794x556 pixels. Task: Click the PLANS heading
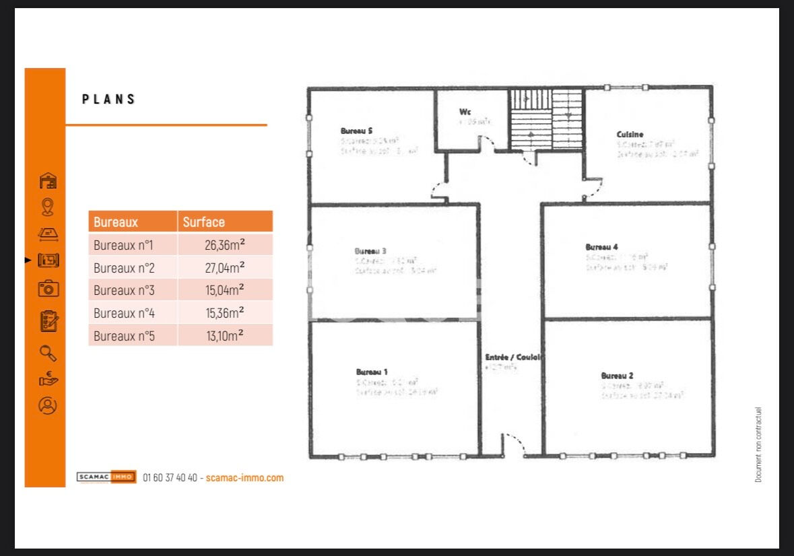pos(109,100)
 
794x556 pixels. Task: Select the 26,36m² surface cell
pos(224,245)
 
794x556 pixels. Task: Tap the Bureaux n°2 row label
pos(125,268)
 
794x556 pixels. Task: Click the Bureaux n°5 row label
pos(125,335)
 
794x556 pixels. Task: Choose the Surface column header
pos(204,222)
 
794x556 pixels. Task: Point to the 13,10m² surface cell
pos(224,335)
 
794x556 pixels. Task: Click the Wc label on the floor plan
pos(465,112)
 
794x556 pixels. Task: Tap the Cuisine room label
pos(630,135)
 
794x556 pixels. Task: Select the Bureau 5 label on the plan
pos(356,131)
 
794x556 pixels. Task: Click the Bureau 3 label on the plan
pos(370,251)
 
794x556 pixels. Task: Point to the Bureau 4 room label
pos(601,247)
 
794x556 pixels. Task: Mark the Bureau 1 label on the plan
pos(372,372)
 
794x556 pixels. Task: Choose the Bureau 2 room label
pos(617,376)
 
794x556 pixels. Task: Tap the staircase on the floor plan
pos(545,119)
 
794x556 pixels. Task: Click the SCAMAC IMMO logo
pos(106,477)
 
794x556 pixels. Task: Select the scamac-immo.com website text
pos(244,478)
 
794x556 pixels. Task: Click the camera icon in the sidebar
pos(48,289)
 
